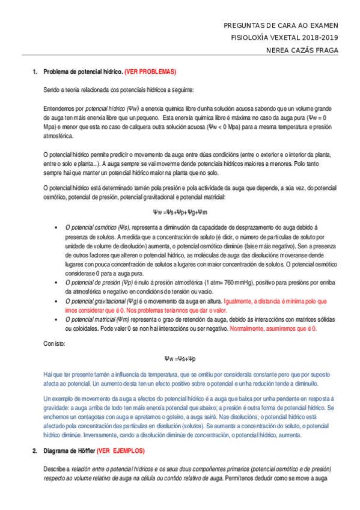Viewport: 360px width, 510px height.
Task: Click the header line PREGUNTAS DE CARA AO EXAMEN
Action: coord(281,26)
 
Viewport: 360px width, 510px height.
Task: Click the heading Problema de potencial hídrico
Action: coord(83,72)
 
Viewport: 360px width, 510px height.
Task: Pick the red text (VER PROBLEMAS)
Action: coord(150,72)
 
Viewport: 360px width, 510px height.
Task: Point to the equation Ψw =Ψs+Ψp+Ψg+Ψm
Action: coord(180,212)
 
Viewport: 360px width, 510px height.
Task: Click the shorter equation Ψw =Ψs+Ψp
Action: coord(180,359)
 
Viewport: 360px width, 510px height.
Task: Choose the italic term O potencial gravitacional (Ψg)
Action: coord(103,301)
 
